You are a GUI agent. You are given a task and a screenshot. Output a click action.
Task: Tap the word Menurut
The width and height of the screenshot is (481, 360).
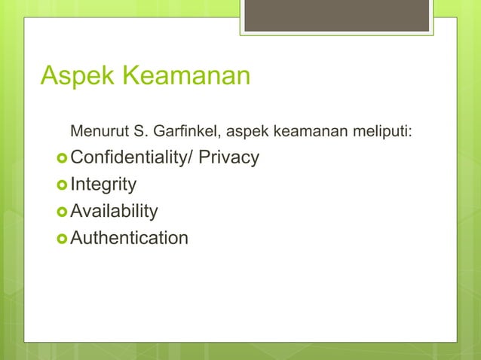click(99, 134)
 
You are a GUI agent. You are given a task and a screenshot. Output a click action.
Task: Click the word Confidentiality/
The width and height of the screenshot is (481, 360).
click(133, 158)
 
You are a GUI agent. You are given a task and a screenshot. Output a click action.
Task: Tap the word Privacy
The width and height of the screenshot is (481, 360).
click(228, 158)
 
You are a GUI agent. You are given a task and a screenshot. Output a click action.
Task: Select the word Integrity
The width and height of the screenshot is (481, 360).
click(104, 185)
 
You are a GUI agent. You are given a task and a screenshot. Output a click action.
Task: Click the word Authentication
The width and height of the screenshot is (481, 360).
click(130, 238)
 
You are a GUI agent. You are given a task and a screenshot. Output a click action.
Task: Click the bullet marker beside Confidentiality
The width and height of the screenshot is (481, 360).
click(63, 159)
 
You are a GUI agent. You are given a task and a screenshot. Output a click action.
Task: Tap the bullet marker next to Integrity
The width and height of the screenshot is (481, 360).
click(63, 185)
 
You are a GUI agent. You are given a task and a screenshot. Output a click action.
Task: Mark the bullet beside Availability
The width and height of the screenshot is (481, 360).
click(63, 212)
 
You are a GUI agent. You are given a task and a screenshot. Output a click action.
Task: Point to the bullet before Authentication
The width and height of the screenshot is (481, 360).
click(63, 239)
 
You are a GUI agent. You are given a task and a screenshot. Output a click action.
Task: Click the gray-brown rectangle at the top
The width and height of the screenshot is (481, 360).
click(338, 15)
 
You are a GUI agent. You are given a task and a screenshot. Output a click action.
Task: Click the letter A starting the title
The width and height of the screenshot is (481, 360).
click(50, 77)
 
